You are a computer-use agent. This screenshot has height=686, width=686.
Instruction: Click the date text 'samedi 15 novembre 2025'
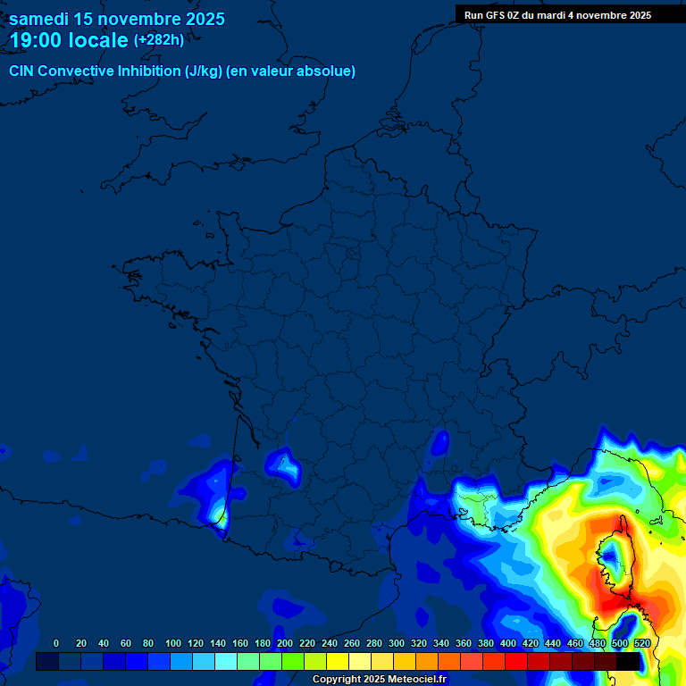pyautogui.click(x=116, y=19)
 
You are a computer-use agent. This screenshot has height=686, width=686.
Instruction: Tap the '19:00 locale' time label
pyautogui.click(x=69, y=40)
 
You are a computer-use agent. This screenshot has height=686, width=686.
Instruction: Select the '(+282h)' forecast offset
pyautogui.click(x=159, y=40)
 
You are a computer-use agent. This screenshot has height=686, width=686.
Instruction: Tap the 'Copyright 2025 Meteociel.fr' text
pyautogui.click(x=379, y=679)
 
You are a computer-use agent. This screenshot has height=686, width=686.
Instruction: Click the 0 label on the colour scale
pyautogui.click(x=56, y=643)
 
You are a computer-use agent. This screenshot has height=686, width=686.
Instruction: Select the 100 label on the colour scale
pyautogui.click(x=173, y=643)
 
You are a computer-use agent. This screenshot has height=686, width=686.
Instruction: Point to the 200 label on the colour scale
pyautogui.click(x=285, y=643)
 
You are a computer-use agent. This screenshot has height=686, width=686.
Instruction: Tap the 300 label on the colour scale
pyautogui.click(x=397, y=643)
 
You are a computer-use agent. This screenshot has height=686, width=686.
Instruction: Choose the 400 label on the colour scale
pyautogui.click(x=508, y=643)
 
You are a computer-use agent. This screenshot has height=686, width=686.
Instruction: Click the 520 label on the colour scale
pyautogui.click(x=641, y=643)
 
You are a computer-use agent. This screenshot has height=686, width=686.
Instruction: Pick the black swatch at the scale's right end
pyautogui.click(x=628, y=661)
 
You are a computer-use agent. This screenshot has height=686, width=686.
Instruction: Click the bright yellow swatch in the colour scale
pyautogui.click(x=338, y=661)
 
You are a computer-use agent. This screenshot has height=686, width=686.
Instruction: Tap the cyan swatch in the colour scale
pyautogui.click(x=226, y=661)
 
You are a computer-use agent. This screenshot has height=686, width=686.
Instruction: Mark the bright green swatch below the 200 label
pyautogui.click(x=293, y=661)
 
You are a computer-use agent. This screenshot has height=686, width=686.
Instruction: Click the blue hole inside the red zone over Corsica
pyautogui.click(x=612, y=557)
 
